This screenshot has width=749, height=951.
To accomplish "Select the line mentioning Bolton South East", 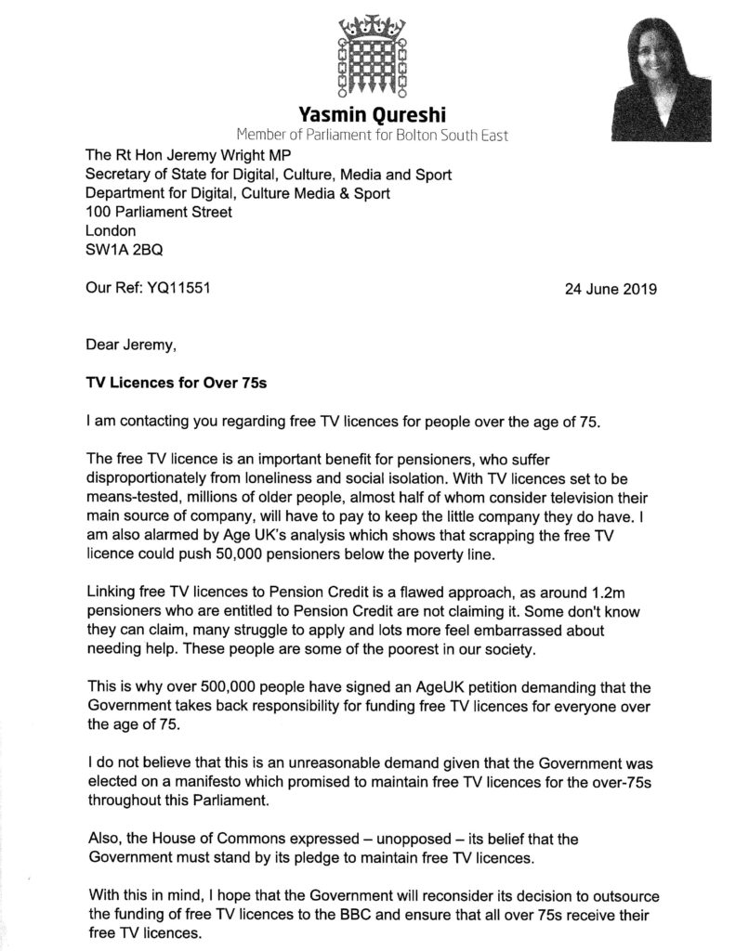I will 372,136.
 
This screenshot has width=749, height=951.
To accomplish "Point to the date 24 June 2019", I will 611,288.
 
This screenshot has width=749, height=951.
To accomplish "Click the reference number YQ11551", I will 179,288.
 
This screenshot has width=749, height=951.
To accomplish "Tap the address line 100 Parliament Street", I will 159,212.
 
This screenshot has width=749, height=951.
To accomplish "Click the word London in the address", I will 111,230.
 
